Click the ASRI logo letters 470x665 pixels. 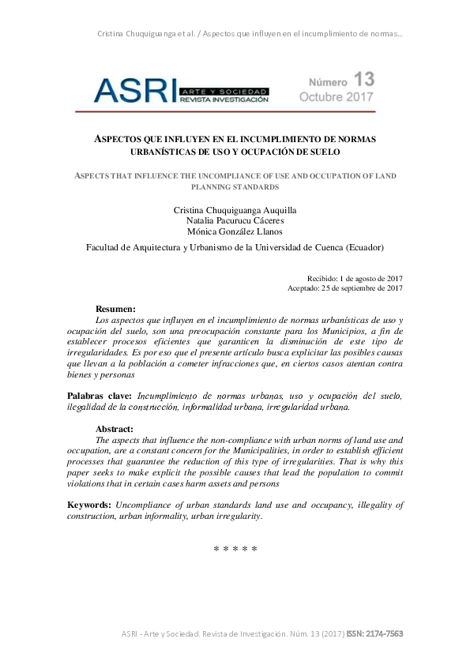tap(134, 90)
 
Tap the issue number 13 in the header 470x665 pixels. tap(364, 79)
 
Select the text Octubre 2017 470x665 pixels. tap(337, 97)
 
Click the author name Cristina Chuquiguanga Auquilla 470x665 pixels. tap(235, 209)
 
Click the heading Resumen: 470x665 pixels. tap(115, 308)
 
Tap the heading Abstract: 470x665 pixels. tap(115, 429)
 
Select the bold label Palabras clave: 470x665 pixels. tap(100, 395)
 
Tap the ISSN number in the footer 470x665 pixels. tap(375, 634)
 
